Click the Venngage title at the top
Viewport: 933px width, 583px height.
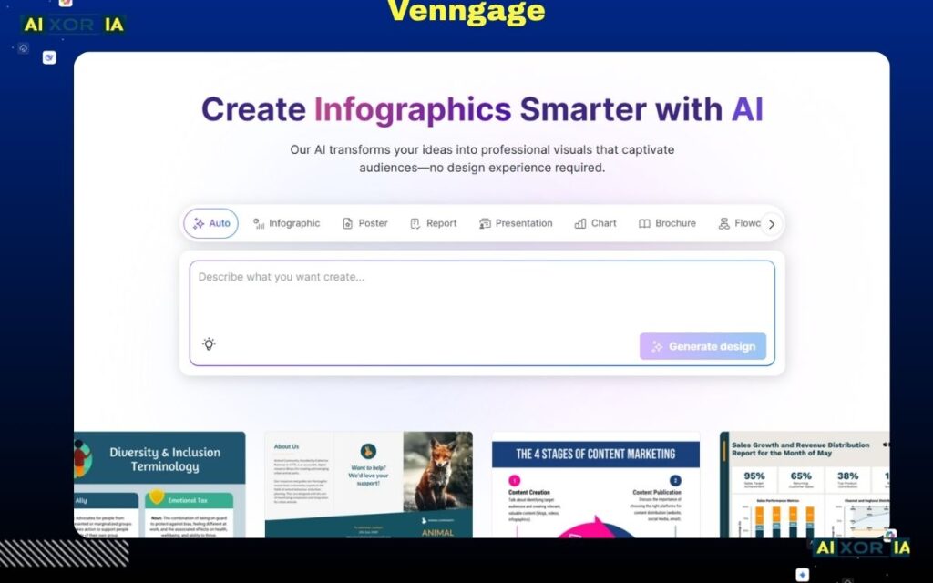[466, 12]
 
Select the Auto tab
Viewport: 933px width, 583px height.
[211, 223]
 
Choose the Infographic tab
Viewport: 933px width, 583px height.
[287, 223]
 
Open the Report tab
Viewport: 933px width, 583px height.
[434, 223]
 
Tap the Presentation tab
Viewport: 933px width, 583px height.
[516, 223]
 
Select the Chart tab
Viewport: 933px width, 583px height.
[596, 223]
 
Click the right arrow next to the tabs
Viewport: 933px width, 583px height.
[772, 224]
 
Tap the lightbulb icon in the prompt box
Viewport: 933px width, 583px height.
[209, 344]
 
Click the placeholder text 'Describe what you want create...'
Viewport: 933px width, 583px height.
[282, 277]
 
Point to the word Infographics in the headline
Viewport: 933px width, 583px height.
[412, 109]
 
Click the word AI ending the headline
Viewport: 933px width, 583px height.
[747, 109]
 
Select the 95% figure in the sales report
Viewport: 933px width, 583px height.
[754, 476]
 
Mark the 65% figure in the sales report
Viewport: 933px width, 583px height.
[801, 476]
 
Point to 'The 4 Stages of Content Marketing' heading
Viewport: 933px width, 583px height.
[596, 454]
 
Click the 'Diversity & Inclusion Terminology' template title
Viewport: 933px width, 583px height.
[164, 459]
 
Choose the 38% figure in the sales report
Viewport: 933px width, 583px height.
[847, 476]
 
